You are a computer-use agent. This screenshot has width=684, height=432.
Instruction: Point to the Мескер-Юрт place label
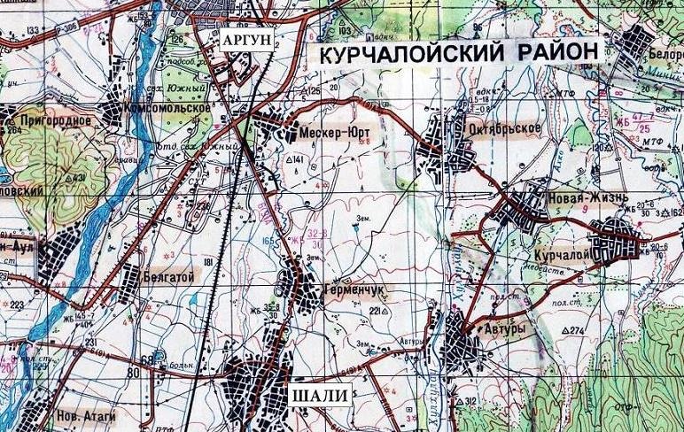tap(333, 134)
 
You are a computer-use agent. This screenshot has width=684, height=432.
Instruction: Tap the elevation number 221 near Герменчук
tap(378, 312)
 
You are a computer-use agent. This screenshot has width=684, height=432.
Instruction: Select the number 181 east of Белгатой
tap(209, 264)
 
